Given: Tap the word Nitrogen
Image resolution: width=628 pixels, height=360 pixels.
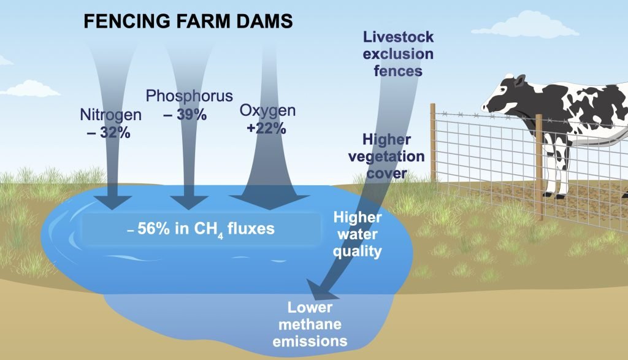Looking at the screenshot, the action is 111,115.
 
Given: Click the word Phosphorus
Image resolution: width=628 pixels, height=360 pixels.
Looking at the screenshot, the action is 190,96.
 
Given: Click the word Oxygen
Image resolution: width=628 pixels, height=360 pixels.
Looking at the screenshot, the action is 267,111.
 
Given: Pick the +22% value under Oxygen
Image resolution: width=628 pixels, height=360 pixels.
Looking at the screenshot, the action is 266,129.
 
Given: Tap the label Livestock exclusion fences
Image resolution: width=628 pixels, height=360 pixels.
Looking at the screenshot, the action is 398,53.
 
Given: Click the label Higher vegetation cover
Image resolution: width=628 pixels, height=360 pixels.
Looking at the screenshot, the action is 386,156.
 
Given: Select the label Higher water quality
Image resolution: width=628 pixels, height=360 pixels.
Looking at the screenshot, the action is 358,234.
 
